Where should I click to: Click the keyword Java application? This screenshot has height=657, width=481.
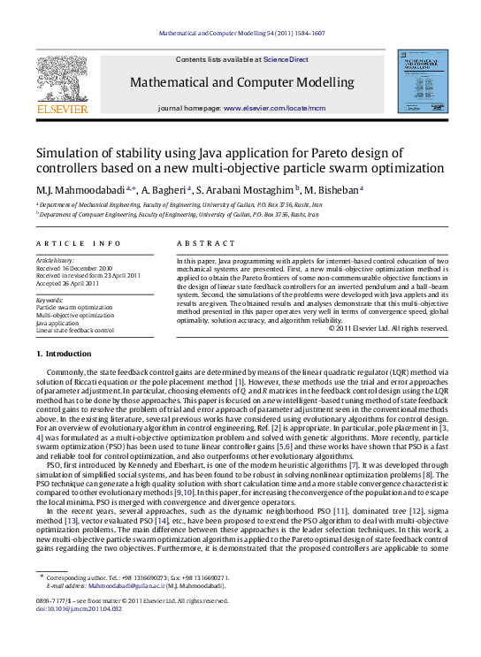(x=57, y=323)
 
